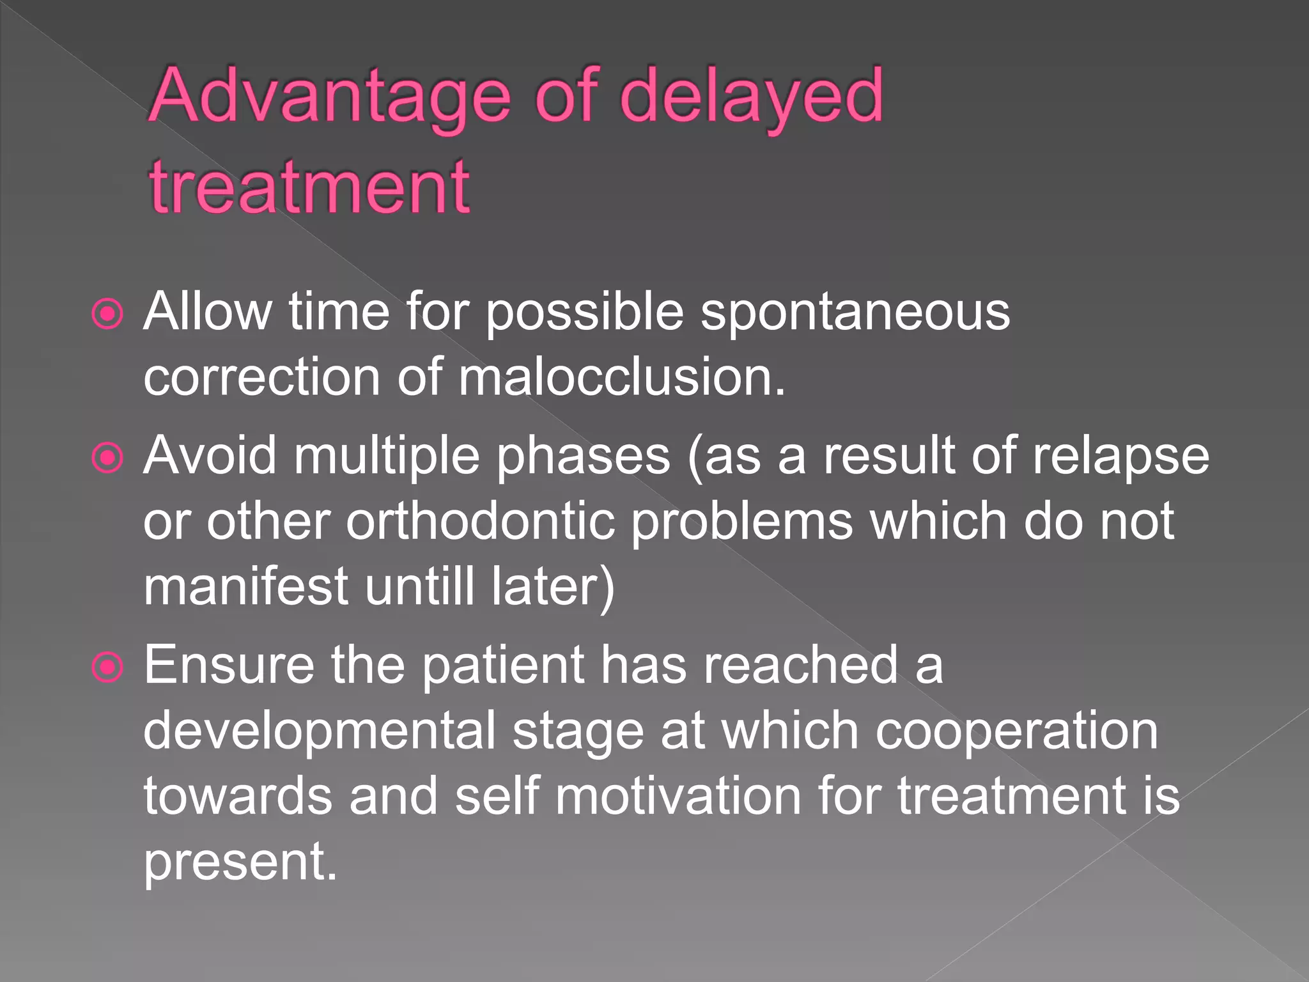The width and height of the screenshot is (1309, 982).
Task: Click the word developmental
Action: pyautogui.click(x=320, y=731)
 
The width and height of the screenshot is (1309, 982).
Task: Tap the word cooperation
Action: pyautogui.click(x=1016, y=731)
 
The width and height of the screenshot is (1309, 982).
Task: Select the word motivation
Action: pyautogui.click(x=678, y=796)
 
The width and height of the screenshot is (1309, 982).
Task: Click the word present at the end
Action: pyautogui.click(x=240, y=862)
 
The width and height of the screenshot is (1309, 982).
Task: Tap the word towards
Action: pyautogui.click(x=238, y=796)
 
